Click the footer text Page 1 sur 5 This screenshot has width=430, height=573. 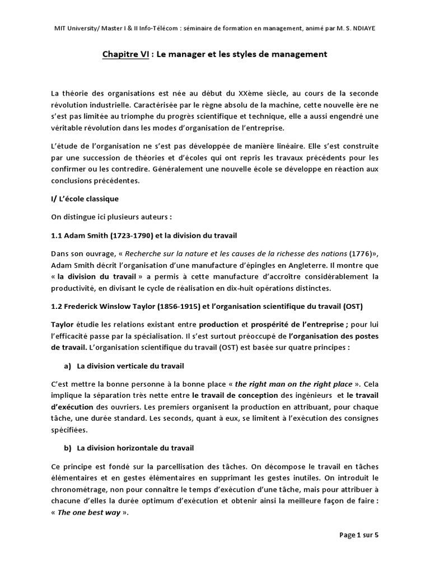click(359, 535)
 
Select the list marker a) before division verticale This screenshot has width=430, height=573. click(70, 365)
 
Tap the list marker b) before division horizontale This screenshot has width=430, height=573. click(70, 448)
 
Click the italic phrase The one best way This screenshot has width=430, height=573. click(89, 512)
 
